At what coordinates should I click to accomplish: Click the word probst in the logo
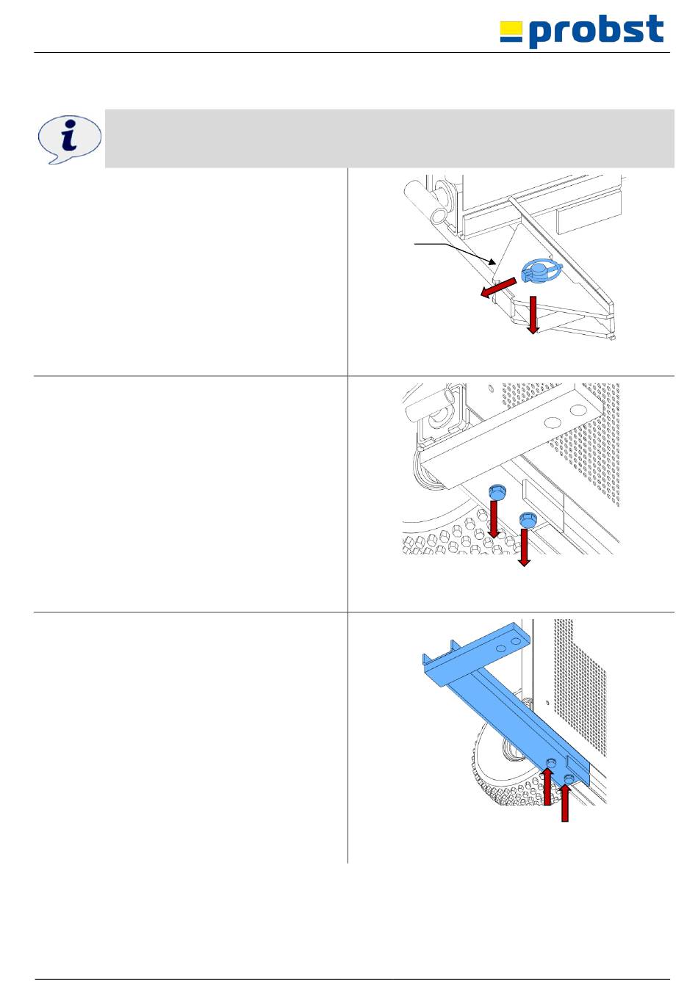coord(596,31)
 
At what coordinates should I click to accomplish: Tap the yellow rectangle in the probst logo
coord(511,28)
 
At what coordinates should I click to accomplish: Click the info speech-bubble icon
coord(70,140)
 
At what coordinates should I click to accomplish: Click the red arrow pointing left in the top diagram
coord(498,287)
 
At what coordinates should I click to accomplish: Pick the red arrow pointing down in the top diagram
coord(533,314)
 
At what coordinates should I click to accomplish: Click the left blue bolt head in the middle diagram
coord(497,492)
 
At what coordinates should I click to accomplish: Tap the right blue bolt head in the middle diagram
coord(528,519)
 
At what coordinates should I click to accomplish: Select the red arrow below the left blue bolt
coord(494,519)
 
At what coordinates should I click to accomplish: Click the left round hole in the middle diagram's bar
coord(552,422)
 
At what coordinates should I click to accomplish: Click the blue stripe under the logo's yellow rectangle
coord(511,39)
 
